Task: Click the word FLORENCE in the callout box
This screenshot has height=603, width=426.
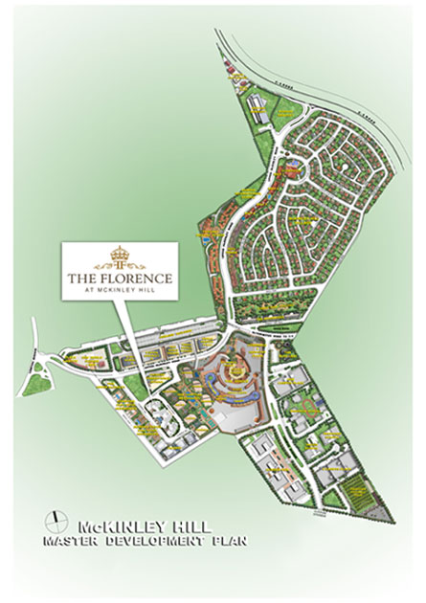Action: [135, 277]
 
